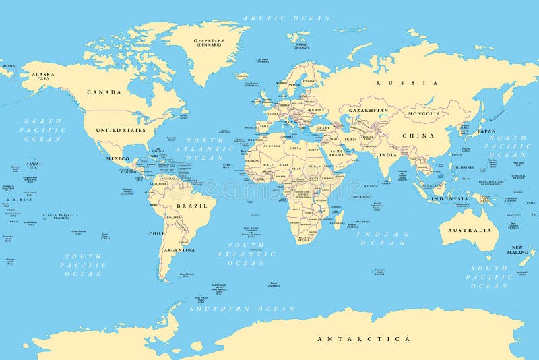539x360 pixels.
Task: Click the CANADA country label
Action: coord(104,92)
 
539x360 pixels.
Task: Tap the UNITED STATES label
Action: coord(121,130)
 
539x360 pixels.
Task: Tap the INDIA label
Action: coord(387,154)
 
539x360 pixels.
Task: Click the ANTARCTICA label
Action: coord(364,338)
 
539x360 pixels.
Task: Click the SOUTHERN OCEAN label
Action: coord(242,309)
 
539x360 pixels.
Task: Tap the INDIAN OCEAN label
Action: coord(383,238)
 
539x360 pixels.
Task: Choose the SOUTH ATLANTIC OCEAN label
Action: coord(246,254)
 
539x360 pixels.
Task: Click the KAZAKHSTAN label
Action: coord(369,109)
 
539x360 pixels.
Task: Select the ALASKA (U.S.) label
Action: coord(40,76)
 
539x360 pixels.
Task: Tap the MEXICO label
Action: coord(117,158)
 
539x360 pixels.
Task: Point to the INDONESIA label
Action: coord(450,199)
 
